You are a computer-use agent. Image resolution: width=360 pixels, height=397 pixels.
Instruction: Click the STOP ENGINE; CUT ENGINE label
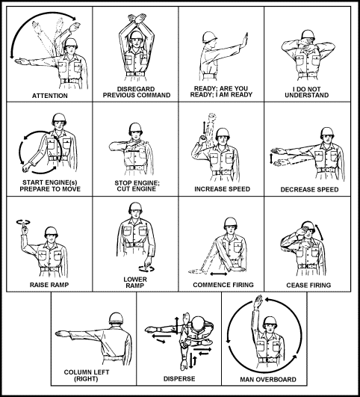point(135,184)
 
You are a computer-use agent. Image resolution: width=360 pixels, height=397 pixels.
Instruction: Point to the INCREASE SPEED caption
point(221,189)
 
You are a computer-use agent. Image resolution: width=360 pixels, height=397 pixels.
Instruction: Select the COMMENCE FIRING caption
point(221,285)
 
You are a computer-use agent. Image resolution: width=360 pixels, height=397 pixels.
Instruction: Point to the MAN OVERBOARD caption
point(264,379)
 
